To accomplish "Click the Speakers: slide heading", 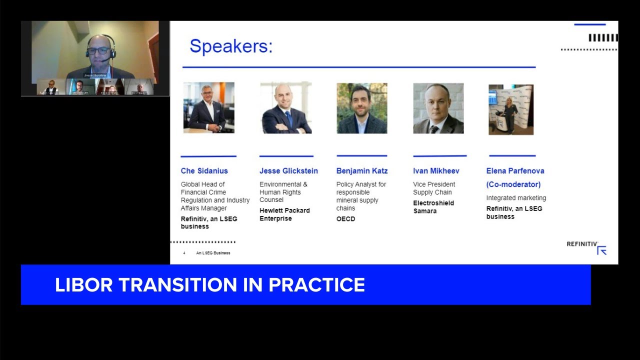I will (x=231, y=46).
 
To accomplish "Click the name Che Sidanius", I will (x=204, y=171).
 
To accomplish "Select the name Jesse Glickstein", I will (x=288, y=171).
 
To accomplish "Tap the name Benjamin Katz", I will (x=361, y=171).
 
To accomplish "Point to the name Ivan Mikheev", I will (x=436, y=171).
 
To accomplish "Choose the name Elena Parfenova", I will (x=515, y=171).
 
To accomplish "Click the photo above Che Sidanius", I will (x=208, y=107).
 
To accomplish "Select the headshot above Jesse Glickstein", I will (x=286, y=108).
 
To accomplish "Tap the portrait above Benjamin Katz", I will (x=361, y=108).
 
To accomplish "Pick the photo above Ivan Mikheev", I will (x=438, y=108).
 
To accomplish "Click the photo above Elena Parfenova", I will (x=510, y=109).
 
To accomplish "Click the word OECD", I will (x=345, y=219).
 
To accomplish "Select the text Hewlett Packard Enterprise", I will (x=284, y=214).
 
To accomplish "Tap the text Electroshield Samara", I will (x=433, y=207).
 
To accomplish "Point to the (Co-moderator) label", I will (x=513, y=184).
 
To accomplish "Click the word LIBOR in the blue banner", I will (x=84, y=285).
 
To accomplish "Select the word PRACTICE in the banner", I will (x=316, y=285).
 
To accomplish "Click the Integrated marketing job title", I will (x=516, y=198).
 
